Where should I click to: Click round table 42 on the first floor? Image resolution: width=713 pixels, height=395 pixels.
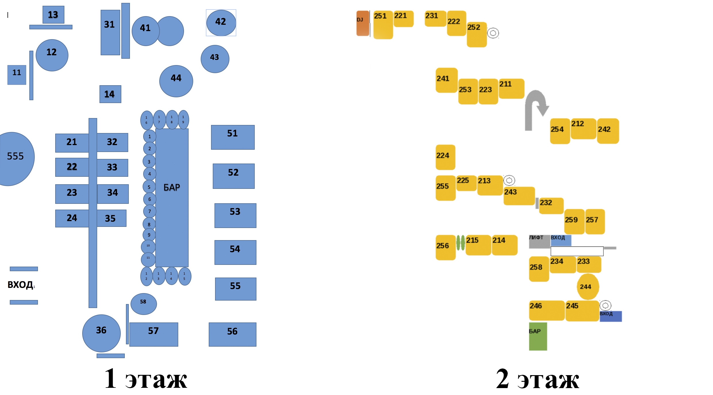[x=221, y=23]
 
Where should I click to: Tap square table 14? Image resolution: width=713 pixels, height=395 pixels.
[x=110, y=94]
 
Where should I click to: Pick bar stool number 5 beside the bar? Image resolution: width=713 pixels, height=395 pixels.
[x=149, y=187]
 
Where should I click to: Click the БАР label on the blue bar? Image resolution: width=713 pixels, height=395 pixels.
[x=172, y=187]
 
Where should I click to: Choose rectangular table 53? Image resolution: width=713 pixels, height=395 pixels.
[x=235, y=215]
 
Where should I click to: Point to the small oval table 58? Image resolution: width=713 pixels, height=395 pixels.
[x=143, y=304]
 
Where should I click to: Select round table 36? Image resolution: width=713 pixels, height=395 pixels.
[x=101, y=333]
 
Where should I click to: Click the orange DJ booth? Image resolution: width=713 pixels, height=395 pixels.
[x=363, y=23]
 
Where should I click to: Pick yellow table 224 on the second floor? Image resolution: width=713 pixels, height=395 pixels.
[x=445, y=157]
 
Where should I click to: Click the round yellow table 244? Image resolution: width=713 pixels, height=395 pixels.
[x=588, y=287]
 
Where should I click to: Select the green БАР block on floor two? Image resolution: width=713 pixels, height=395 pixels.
[x=538, y=336]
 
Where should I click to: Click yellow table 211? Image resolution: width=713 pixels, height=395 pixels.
[x=511, y=88]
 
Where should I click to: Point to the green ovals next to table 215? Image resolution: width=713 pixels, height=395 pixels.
[x=461, y=243]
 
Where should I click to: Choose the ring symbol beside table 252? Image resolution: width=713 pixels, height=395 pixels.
[x=493, y=33]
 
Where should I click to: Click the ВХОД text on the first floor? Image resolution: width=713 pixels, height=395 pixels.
[x=20, y=285]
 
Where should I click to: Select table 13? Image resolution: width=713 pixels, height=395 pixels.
[x=53, y=15]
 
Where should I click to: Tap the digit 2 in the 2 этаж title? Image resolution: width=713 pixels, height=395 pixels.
[x=503, y=379]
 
